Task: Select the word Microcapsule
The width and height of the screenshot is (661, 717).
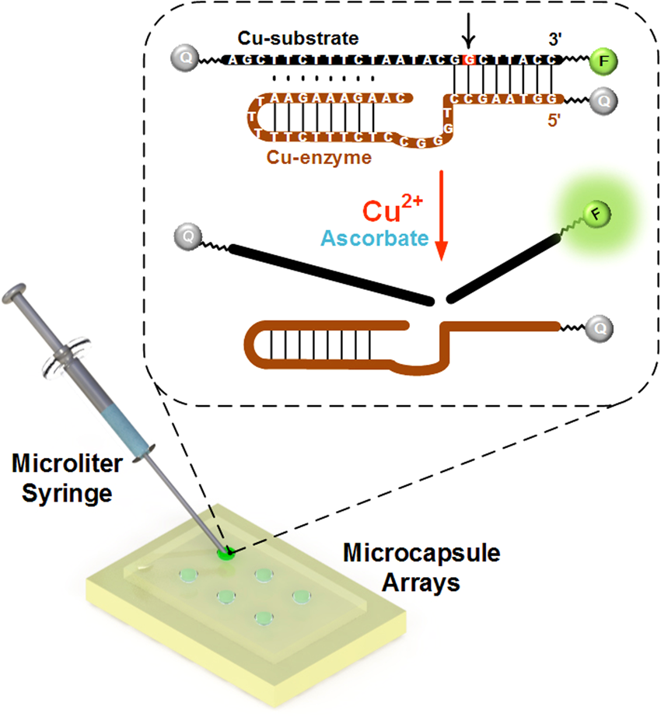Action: pyautogui.click(x=421, y=556)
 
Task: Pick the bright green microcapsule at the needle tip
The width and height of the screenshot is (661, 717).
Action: pyautogui.click(x=226, y=554)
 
